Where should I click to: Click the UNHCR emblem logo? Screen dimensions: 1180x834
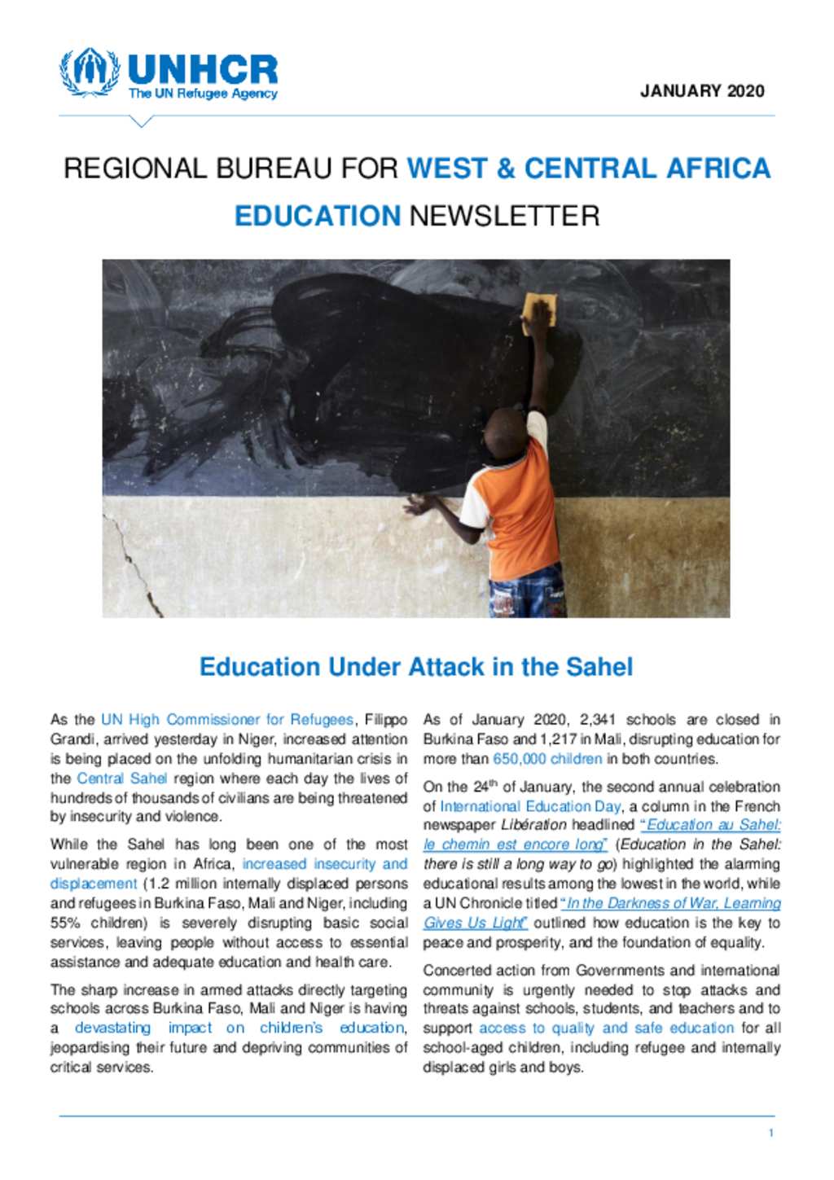pyautogui.click(x=88, y=72)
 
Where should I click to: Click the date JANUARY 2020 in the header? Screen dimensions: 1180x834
pyautogui.click(x=702, y=91)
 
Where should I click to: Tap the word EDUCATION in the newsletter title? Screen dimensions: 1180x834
pyautogui.click(x=318, y=216)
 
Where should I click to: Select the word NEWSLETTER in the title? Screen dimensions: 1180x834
pyautogui.click(x=504, y=216)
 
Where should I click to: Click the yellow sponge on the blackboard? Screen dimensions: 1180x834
pyautogui.click(x=541, y=309)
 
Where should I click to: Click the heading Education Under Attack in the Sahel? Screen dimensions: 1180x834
pyautogui.click(x=416, y=667)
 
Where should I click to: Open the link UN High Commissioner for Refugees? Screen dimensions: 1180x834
pyautogui.click(x=227, y=720)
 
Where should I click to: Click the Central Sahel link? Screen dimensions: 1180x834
pyautogui.click(x=121, y=779)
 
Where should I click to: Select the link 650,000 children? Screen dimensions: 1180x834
pyautogui.click(x=547, y=759)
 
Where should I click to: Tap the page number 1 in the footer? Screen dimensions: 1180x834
pyautogui.click(x=770, y=1133)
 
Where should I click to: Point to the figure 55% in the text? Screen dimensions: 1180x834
pyautogui.click(x=68, y=923)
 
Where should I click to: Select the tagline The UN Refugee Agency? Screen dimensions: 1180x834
pyautogui.click(x=203, y=94)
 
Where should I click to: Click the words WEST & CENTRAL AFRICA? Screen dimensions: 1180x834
pyautogui.click(x=588, y=168)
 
